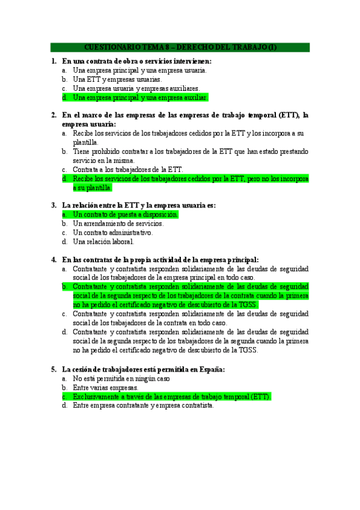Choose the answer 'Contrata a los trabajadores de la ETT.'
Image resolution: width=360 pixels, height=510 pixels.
127,169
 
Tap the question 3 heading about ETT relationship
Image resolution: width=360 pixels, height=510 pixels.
138,205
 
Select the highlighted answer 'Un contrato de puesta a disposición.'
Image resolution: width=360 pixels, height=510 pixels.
125,214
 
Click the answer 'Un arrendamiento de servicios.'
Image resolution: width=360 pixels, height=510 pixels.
117,223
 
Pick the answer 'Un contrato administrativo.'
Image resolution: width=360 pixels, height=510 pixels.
112,232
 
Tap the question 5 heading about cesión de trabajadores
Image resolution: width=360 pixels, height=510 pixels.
143,369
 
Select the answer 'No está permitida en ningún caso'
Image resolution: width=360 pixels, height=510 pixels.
121,379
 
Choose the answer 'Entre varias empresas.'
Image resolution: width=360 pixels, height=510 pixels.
105,388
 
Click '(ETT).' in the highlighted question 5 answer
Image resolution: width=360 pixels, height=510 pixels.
261,397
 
